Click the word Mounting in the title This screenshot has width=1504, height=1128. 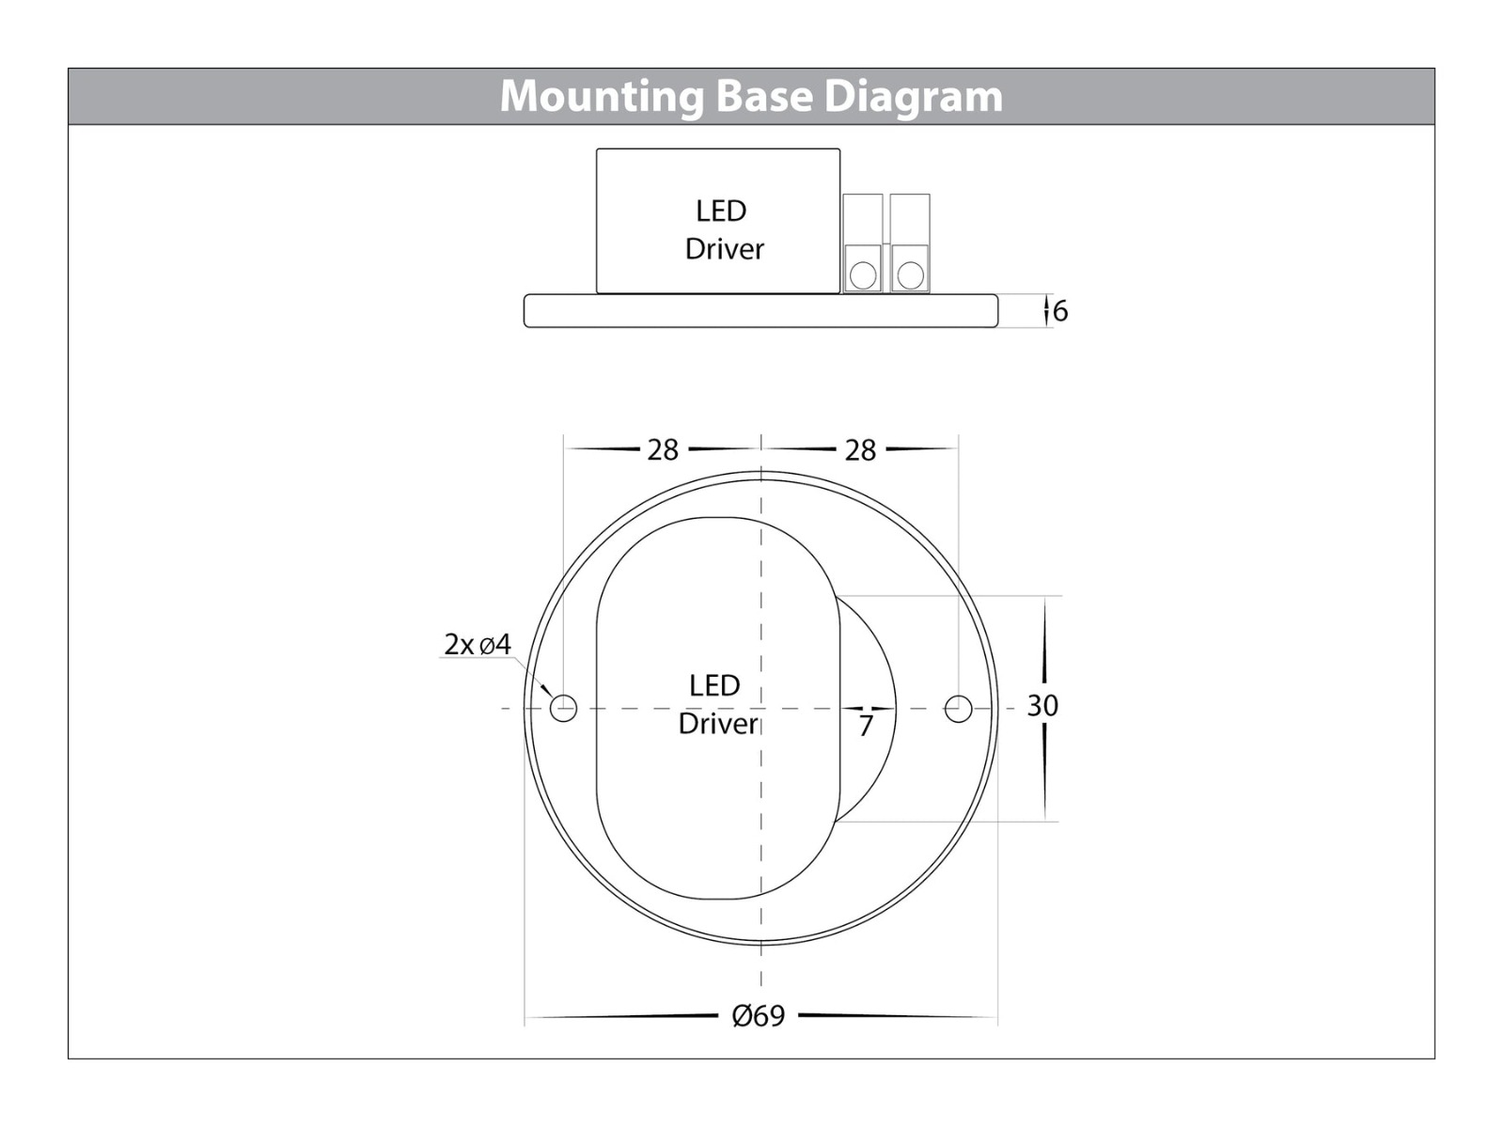pos(601,97)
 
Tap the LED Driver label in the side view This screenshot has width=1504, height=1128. pos(723,229)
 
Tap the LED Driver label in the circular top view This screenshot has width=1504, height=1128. pos(717,704)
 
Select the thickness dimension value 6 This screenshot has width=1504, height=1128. pos(1060,311)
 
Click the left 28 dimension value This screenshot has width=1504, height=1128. pos(663,450)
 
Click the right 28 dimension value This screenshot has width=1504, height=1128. pos(860,450)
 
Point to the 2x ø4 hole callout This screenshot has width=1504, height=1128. pos(478,645)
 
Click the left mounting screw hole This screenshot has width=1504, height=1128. pos(563,708)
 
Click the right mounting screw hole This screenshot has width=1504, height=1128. pos(958,708)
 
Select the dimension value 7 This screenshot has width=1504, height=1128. pos(866,726)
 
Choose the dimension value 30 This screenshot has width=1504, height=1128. pos(1042,706)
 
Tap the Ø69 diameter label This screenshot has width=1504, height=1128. pos(758,1016)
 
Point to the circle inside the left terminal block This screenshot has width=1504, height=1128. pos(863,275)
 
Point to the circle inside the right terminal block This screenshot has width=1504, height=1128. pos(910,275)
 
